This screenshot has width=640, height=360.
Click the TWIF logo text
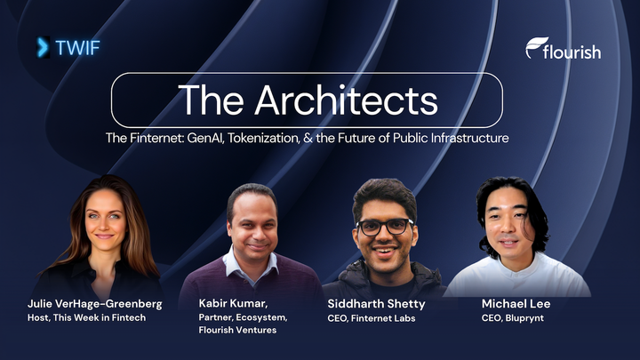pos(77,48)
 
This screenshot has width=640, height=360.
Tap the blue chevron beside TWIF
pos(43,48)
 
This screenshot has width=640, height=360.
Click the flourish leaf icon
pos(535,46)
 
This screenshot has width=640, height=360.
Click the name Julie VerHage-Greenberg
pos(92,304)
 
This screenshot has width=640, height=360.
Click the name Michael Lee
pos(516,304)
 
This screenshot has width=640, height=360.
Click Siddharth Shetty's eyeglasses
pos(385,226)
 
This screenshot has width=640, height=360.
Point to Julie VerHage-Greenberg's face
pos(105,222)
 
